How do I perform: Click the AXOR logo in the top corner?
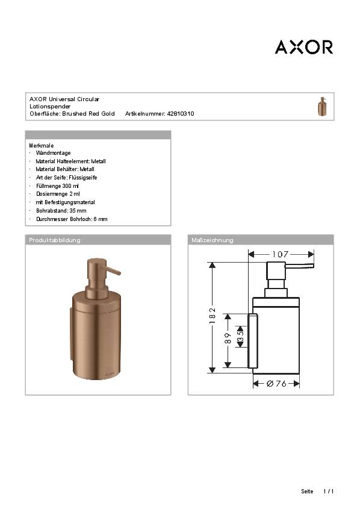point(303,47)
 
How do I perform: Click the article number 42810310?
point(180,113)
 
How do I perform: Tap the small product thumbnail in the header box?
point(322,106)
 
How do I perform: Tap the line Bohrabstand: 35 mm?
point(61,211)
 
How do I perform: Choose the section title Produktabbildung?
point(55,240)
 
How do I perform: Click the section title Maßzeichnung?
point(212,240)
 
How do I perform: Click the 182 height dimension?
point(212,317)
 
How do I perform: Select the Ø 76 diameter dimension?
point(276,383)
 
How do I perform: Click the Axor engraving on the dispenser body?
point(110,373)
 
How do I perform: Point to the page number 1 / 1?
point(328,492)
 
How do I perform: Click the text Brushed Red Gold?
point(88,113)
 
